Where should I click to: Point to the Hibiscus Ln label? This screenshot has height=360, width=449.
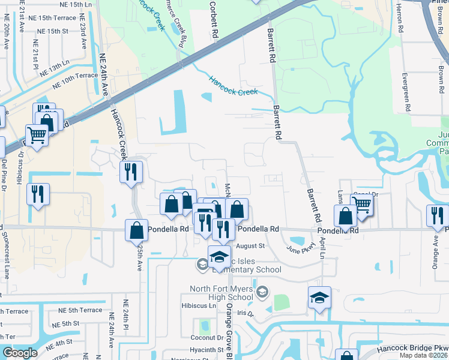point(199,305)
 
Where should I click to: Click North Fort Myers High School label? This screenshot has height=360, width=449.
point(221,293)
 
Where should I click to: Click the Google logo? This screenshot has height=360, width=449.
point(19,353)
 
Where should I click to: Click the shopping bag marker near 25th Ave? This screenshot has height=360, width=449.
point(136,229)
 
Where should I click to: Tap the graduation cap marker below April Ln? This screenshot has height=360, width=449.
point(319,297)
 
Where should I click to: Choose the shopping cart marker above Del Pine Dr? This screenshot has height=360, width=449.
point(37,136)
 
